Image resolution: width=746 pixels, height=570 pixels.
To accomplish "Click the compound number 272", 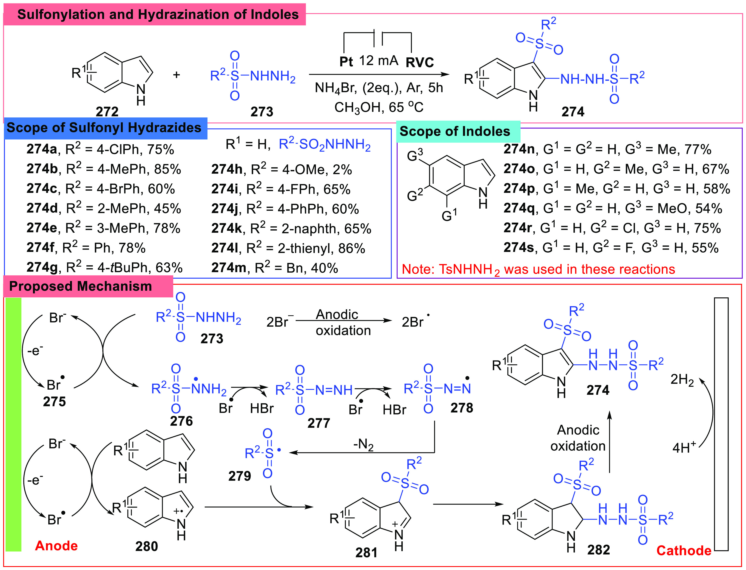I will pyautogui.click(x=107, y=111).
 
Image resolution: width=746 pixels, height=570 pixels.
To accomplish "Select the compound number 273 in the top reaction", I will pyautogui.click(x=262, y=111).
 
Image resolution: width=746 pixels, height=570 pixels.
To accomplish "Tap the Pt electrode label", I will pyautogui.click(x=346, y=62).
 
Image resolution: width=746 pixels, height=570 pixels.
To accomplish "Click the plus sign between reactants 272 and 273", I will pyautogui.click(x=176, y=75).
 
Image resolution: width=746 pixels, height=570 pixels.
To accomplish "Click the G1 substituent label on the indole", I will pyautogui.click(x=449, y=215).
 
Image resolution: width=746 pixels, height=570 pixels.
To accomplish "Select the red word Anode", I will pyautogui.click(x=56, y=546).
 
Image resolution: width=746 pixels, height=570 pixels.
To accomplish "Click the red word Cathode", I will pyautogui.click(x=684, y=550).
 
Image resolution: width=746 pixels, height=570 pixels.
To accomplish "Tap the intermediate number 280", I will pyautogui.click(x=147, y=546).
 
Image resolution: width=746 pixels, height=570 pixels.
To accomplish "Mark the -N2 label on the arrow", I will pyautogui.click(x=363, y=444).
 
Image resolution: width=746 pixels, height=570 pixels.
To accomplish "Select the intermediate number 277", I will pyautogui.click(x=318, y=423).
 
